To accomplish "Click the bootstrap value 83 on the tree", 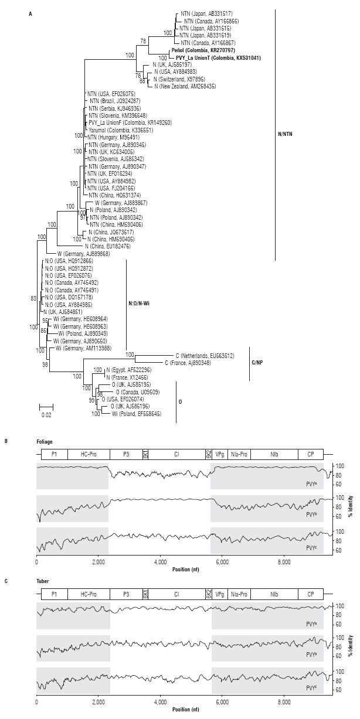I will tap(33, 298).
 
